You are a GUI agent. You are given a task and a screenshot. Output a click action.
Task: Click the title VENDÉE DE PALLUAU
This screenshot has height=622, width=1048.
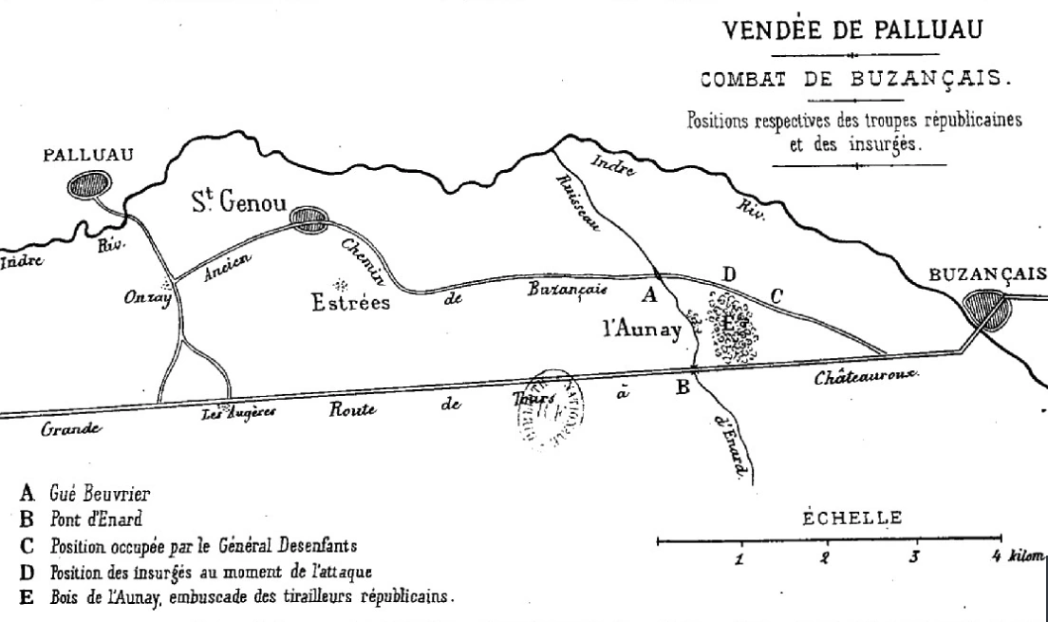point(855,30)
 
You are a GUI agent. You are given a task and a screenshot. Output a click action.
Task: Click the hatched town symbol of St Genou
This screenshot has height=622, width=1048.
point(308,220)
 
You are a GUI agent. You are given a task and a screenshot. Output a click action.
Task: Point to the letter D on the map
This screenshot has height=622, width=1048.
point(729,274)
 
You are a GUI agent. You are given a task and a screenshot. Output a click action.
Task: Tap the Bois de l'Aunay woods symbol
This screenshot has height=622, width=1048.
point(731,328)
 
